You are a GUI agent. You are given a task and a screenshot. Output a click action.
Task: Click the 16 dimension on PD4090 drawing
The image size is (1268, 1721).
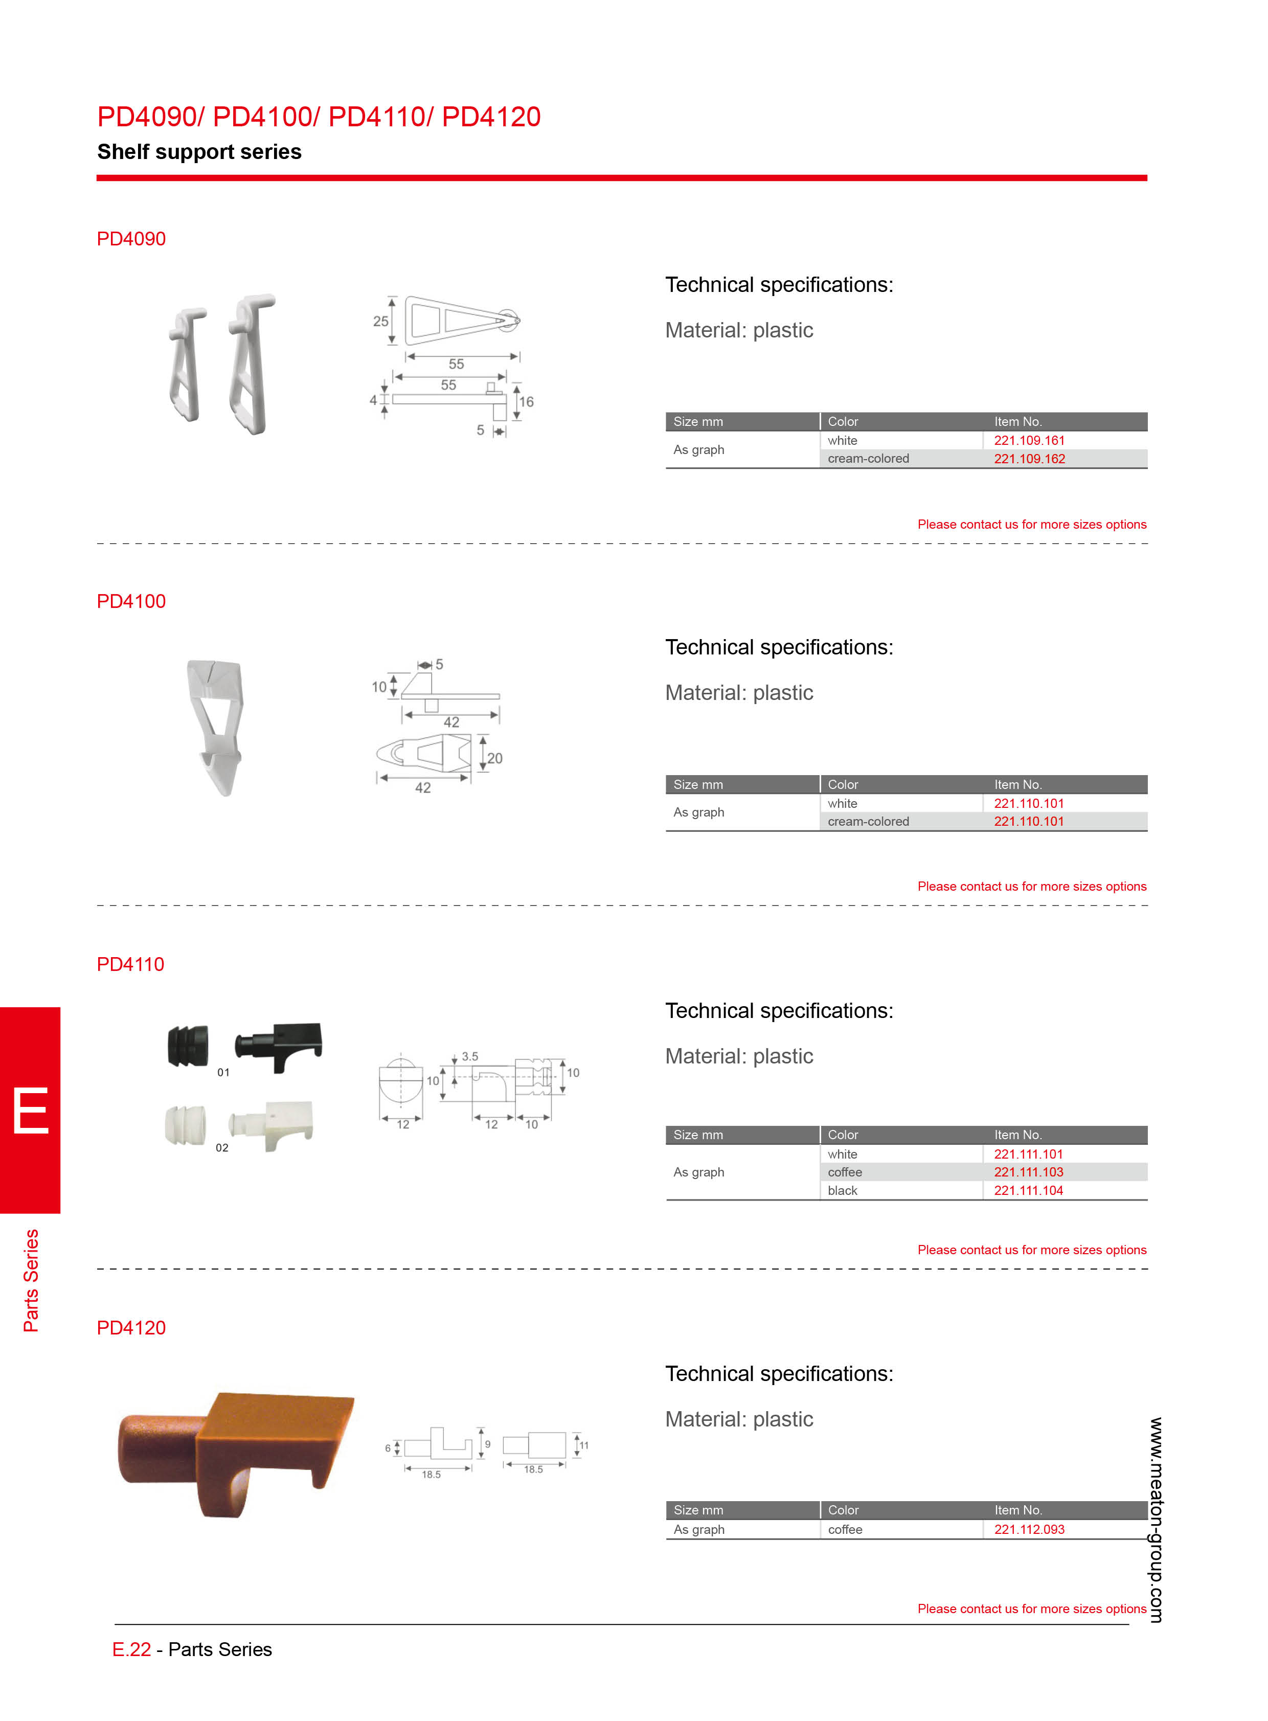(x=526, y=401)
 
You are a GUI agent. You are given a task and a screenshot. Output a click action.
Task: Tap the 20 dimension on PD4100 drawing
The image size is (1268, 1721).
(x=495, y=758)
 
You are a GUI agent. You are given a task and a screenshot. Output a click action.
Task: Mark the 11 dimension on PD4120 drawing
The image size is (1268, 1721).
(x=584, y=1445)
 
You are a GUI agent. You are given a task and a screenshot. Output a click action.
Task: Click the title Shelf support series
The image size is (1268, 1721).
(x=199, y=152)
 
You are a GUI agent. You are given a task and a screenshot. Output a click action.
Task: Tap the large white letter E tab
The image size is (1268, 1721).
(x=31, y=1110)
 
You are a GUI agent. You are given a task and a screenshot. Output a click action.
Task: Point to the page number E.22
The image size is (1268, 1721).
(x=131, y=1649)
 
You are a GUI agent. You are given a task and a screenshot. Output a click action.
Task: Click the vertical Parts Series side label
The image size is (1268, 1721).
(x=31, y=1280)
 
